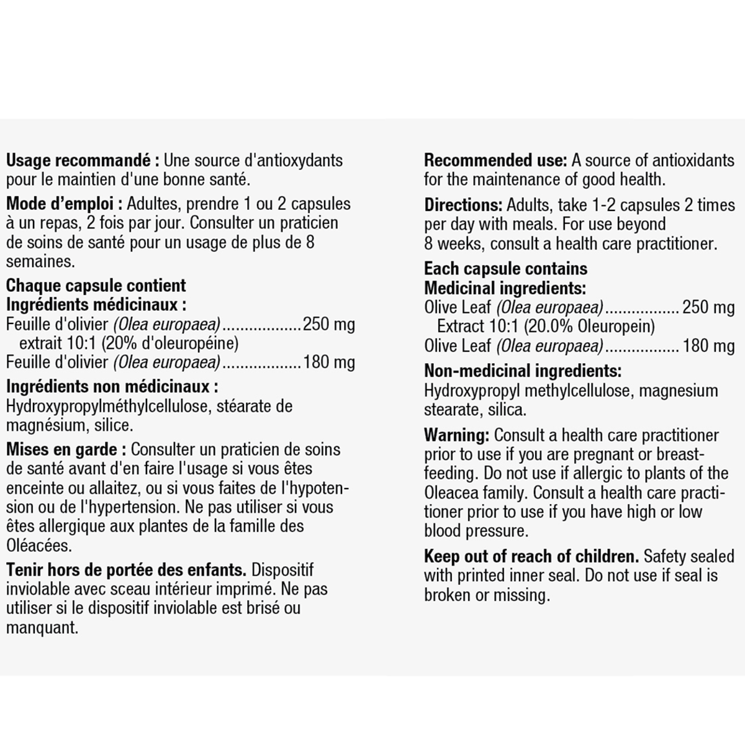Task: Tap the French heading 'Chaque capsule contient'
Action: tap(96, 286)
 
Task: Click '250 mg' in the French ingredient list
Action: tap(329, 324)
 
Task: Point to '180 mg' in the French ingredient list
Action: tap(329, 363)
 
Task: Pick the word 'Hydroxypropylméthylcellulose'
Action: tap(109, 407)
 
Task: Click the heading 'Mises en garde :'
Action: tap(66, 449)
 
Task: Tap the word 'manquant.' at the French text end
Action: tap(42, 628)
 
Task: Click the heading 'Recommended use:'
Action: tap(495, 160)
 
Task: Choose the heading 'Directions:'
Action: tap(463, 205)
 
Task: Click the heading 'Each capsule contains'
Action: tap(505, 269)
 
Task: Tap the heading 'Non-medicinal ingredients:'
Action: tap(523, 371)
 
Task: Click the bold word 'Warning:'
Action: tap(456, 435)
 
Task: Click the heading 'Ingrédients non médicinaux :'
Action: tap(112, 387)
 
